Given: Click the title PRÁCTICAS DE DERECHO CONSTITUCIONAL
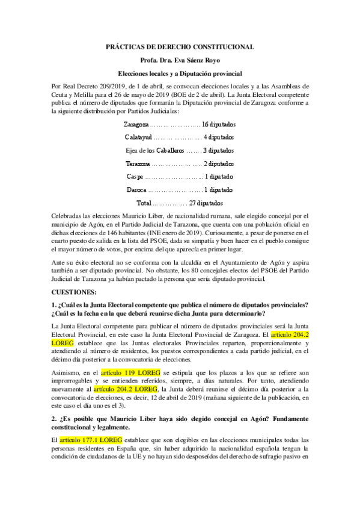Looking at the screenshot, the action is coord(180,46).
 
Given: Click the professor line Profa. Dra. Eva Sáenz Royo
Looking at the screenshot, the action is coord(180,61).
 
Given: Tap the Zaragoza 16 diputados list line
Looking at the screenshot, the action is coord(180,124).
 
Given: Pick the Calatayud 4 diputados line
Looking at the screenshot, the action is coord(180,137).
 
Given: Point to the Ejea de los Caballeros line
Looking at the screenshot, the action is coord(180,150).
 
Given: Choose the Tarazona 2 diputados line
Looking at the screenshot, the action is coord(180,164).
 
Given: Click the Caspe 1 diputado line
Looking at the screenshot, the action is coord(180,177).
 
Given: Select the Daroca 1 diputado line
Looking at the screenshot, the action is coord(180,190).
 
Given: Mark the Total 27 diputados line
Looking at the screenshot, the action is coord(180,203).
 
